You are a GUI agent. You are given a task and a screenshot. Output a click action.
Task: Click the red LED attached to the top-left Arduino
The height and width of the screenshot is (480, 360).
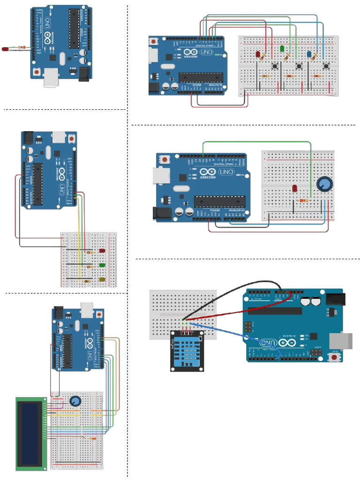click(5, 49)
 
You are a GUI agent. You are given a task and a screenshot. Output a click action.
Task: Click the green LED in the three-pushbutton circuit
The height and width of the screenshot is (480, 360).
click(282, 48)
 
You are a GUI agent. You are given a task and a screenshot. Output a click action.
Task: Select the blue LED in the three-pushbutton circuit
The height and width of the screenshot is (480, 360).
click(309, 55)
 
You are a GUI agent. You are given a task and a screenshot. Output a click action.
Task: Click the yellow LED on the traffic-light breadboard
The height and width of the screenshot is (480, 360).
click(102, 280)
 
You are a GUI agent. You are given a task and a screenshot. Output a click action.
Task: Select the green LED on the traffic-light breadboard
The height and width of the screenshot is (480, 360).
click(102, 266)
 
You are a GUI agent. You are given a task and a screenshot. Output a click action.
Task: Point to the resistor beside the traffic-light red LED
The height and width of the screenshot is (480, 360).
click(89, 252)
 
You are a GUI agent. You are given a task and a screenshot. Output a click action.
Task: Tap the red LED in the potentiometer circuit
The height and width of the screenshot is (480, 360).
click(295, 188)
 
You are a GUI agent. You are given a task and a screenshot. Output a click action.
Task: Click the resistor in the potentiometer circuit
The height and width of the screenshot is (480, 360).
click(305, 201)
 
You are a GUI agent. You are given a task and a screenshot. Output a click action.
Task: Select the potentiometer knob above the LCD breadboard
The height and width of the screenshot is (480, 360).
click(75, 401)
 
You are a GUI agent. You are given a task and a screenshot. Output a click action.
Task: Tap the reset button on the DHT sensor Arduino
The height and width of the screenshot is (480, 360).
click(335, 358)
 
